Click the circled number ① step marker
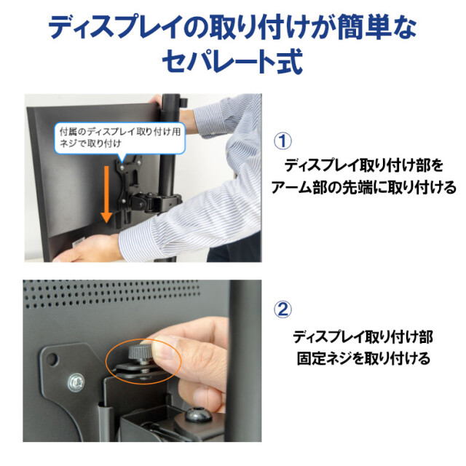coord(283,141)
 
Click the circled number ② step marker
coord(283,309)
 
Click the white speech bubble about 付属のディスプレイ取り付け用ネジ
coord(119,139)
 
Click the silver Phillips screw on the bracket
coord(76,382)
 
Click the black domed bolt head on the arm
coord(199,414)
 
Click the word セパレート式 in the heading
coord(232,61)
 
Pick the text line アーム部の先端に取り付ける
coord(363,188)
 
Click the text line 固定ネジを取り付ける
coord(363,358)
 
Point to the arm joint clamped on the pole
coord(157,202)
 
